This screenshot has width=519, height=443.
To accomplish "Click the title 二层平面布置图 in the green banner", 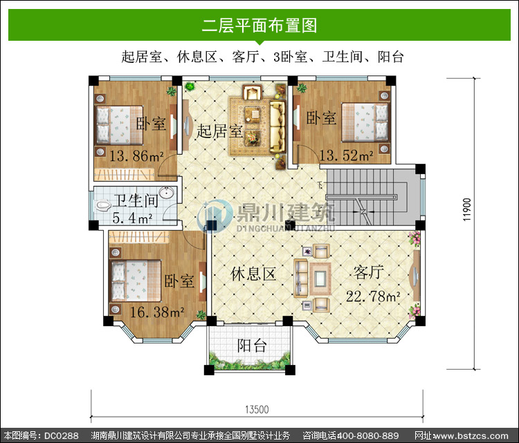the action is tap(259, 26).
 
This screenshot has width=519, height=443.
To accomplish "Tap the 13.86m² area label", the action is tap(136, 155).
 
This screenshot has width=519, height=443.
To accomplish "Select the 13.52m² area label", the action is tap(347, 155).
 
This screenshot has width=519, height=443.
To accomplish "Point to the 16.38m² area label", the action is tap(157, 312).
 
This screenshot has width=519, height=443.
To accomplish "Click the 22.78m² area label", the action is tap(373, 296).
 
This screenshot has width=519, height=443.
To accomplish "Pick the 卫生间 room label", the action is tap(136, 200).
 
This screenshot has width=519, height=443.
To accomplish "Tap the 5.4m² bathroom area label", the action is tap(132, 218).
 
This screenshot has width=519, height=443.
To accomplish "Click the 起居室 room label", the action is tap(219, 131).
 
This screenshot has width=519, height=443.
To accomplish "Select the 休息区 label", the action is tap(253, 274).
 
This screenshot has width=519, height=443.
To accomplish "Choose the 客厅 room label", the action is tap(368, 272).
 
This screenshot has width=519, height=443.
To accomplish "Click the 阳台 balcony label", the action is tap(252, 346).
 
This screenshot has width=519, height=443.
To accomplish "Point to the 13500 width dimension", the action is tap(257, 410).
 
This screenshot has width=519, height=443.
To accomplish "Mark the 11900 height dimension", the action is tap(466, 209).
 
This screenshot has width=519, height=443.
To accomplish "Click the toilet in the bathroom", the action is tap(104, 206).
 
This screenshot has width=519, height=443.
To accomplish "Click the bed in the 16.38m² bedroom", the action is tap(136, 281).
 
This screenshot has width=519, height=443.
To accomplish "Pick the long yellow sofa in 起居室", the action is tap(277, 126).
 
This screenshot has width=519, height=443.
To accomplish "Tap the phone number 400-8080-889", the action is tap(367, 435).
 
